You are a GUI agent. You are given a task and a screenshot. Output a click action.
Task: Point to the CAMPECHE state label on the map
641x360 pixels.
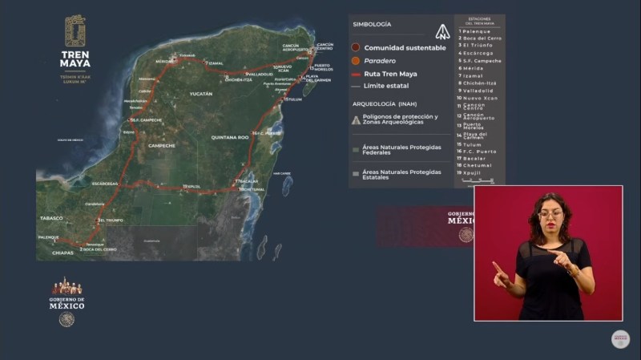click(163, 146)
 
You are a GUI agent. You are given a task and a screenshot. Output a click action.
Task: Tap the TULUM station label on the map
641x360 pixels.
click(293, 99)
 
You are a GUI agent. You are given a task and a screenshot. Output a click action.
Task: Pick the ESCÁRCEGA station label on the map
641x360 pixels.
click(106, 184)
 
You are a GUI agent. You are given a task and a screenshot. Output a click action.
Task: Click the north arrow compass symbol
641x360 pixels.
click(440, 32)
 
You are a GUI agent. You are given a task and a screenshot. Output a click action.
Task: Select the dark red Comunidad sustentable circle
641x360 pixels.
click(356, 48)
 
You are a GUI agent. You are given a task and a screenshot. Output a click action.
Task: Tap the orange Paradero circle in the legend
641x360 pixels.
click(356, 61)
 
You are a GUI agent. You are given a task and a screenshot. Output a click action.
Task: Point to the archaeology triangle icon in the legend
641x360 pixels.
click(356, 120)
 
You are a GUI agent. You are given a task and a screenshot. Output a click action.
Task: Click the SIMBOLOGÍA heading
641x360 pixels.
click(372, 25)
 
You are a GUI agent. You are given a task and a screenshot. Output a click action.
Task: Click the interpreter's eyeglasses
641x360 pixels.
click(550, 214)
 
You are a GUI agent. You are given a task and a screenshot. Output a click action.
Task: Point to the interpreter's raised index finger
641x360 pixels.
click(497, 266)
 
